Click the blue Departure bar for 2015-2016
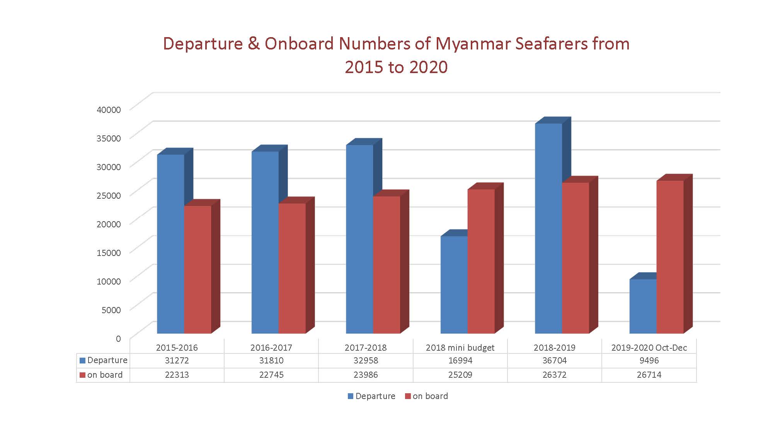click(x=170, y=244)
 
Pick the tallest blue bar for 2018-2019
click(x=548, y=228)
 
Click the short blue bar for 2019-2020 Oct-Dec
click(x=643, y=306)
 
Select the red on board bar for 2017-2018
click(x=386, y=264)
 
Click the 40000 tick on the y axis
click(x=109, y=110)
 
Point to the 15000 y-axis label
click(x=109, y=253)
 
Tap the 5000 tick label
click(x=111, y=310)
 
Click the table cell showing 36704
click(x=555, y=360)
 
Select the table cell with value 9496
click(x=649, y=360)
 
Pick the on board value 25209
click(x=460, y=375)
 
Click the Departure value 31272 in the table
click(x=177, y=360)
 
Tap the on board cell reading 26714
click(x=649, y=375)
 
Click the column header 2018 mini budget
click(x=460, y=348)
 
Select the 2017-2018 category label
click(x=366, y=348)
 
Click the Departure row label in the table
click(x=107, y=360)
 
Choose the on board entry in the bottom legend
click(x=430, y=396)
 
